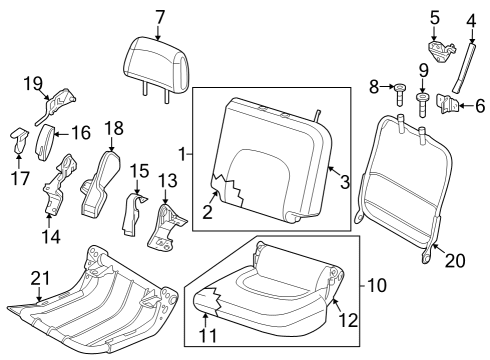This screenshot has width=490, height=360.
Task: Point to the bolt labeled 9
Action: click(x=421, y=103)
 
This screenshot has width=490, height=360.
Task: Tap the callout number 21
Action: click(x=38, y=277)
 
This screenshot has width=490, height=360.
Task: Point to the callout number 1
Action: click(x=181, y=154)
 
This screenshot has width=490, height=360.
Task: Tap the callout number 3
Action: click(x=345, y=181)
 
